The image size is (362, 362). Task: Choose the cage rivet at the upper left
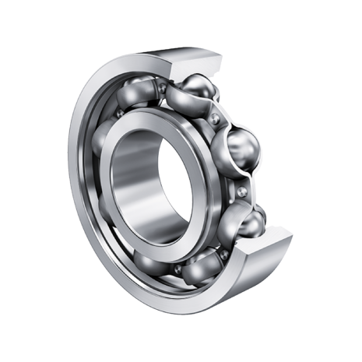click(x=118, y=114)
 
